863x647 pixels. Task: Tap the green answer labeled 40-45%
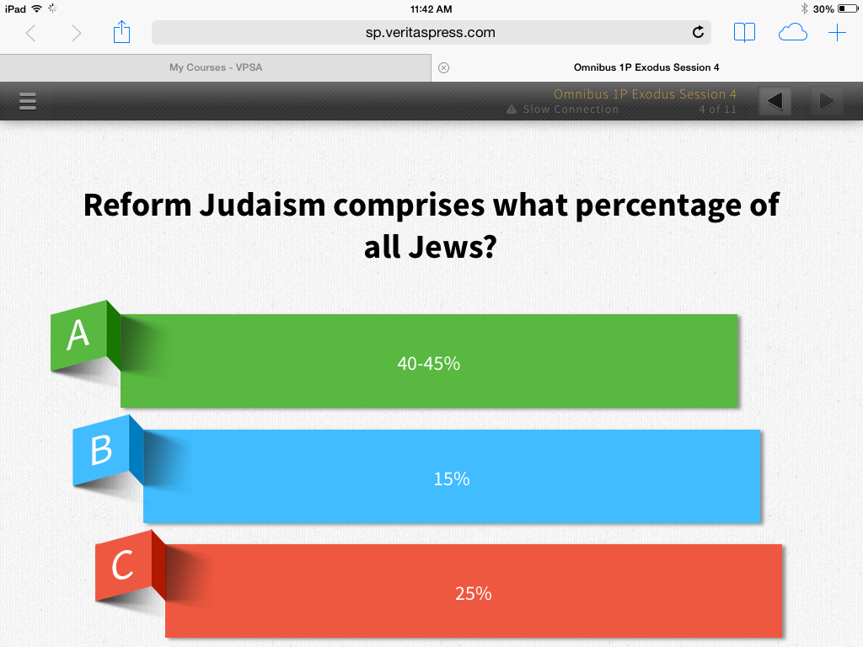[429, 361]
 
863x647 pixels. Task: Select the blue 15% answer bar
[452, 477]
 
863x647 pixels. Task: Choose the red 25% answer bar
[474, 591]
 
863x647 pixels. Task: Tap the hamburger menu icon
[28, 101]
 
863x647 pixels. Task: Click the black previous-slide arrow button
[775, 101]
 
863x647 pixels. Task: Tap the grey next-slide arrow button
[826, 101]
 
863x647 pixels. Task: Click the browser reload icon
[698, 33]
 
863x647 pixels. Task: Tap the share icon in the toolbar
[121, 32]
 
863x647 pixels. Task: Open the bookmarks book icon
[744, 33]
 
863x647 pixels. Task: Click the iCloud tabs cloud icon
[792, 33]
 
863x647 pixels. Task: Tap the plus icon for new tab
[837, 33]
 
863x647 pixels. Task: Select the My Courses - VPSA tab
[216, 67]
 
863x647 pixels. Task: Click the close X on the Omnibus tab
[443, 67]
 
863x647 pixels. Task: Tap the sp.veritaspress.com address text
[431, 33]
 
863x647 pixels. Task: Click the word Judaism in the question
[263, 206]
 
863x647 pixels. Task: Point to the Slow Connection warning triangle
[512, 109]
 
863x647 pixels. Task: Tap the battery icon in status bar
[848, 8]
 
